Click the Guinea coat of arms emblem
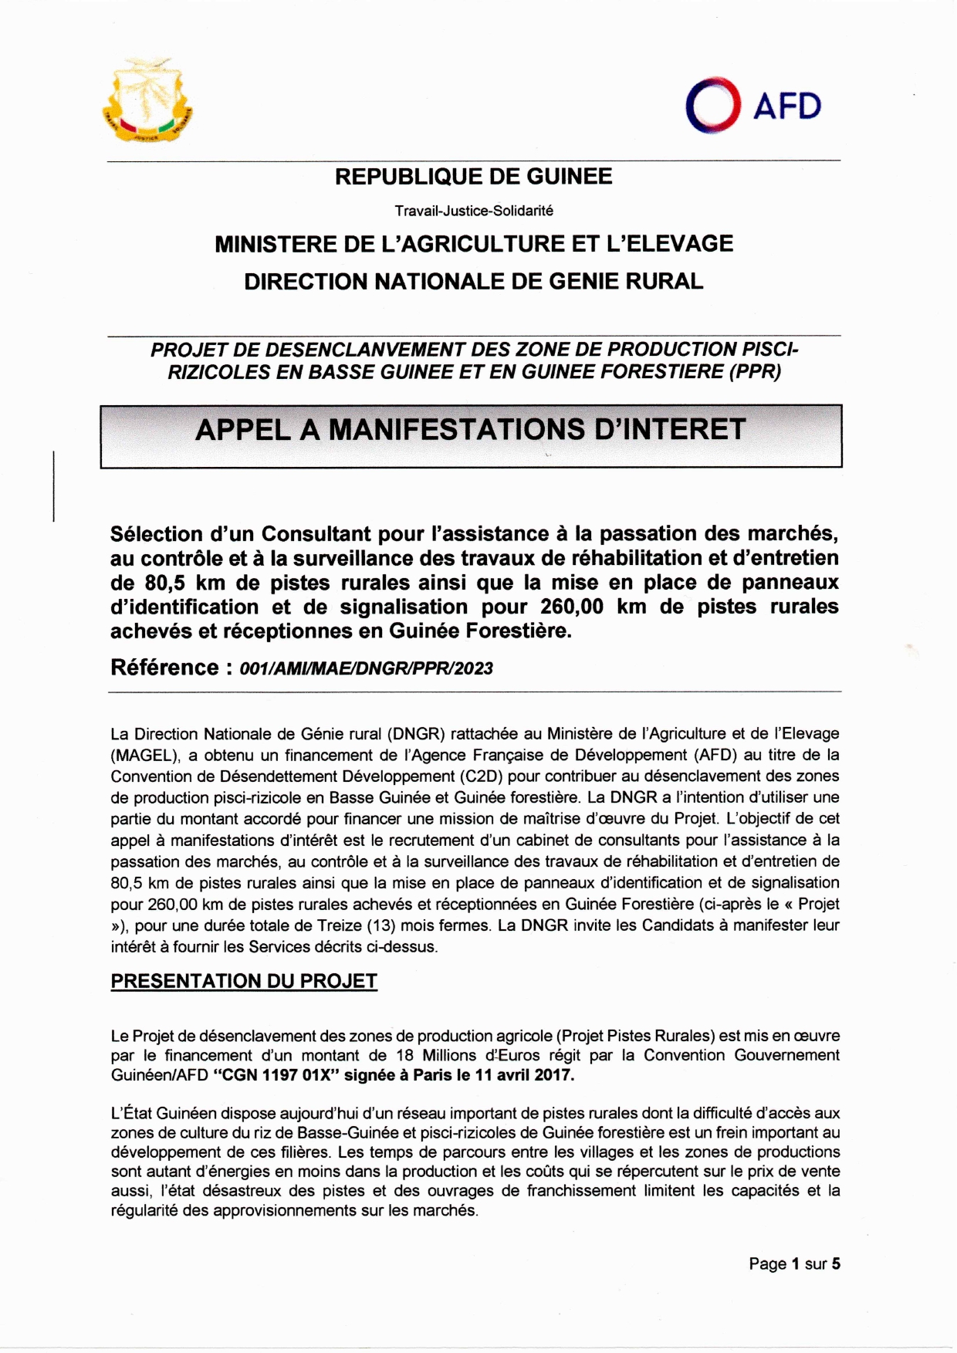pos(147,100)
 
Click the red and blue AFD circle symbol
pos(712,105)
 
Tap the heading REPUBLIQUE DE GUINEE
pos(473,177)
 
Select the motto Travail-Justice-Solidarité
pos(473,210)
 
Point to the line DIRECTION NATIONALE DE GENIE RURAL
pos(473,281)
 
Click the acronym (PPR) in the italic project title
pos(753,372)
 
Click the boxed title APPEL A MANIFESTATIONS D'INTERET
pos(471,430)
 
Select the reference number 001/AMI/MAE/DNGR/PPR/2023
pos(366,668)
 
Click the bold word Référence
pos(164,668)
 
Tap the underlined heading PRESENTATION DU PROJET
pos(244,981)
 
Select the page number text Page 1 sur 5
pos(794,1264)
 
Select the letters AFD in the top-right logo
pos(786,107)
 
